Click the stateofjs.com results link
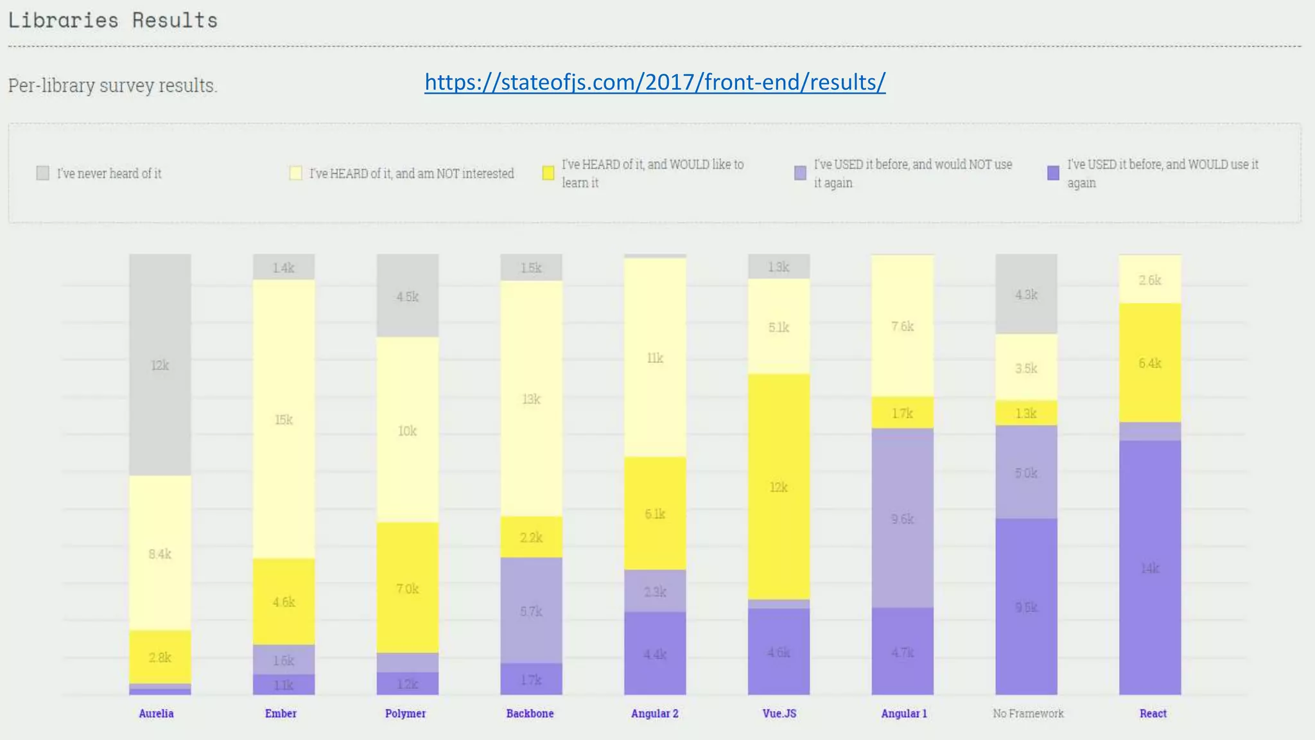(x=655, y=82)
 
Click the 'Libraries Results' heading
(x=113, y=21)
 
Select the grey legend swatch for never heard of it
(x=43, y=173)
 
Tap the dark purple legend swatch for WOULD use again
(x=1053, y=173)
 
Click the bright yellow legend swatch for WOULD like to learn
(x=548, y=173)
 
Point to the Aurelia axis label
(x=156, y=713)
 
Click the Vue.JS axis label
(x=779, y=713)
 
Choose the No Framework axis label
(x=1027, y=713)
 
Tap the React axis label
(x=1153, y=713)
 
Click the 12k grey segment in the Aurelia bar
(x=160, y=365)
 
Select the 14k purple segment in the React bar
(x=1149, y=568)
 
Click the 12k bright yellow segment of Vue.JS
(x=778, y=487)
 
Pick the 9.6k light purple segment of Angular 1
(x=902, y=518)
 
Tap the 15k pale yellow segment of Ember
(x=283, y=419)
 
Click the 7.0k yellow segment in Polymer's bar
(x=407, y=588)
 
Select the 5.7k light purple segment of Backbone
(x=531, y=611)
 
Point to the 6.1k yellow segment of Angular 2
(x=655, y=514)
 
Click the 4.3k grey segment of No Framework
(x=1026, y=294)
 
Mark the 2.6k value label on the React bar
(x=1149, y=280)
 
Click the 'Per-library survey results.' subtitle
(x=113, y=85)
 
